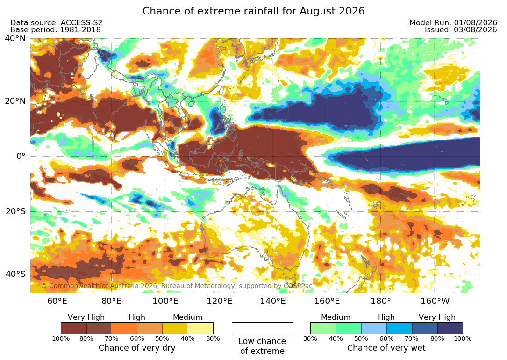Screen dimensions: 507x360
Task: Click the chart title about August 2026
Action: pyautogui.click(x=253, y=11)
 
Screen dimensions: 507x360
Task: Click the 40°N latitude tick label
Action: pyautogui.click(x=15, y=38)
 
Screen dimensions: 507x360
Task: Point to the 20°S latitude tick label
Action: pyautogui.click(x=15, y=211)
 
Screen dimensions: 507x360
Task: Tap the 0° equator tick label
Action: pyautogui.click(x=21, y=156)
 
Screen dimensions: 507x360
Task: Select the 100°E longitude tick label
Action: pyautogui.click(x=165, y=301)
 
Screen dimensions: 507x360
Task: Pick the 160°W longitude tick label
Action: pyautogui.click(x=435, y=301)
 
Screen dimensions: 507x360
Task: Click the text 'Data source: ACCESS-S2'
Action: pyautogui.click(x=56, y=22)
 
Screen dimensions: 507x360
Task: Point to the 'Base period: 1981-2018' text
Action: pyautogui.click(x=56, y=30)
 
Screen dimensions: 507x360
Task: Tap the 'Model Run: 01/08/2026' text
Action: pyautogui.click(x=453, y=22)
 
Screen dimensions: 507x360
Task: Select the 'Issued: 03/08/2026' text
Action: pyautogui.click(x=461, y=30)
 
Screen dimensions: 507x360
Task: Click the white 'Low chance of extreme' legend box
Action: pyautogui.click(x=262, y=328)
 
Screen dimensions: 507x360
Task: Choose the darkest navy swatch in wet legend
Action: pyautogui.click(x=450, y=328)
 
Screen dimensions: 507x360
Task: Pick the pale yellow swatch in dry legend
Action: pyautogui.click(x=200, y=328)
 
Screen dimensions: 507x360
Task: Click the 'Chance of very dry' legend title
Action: pyautogui.click(x=137, y=348)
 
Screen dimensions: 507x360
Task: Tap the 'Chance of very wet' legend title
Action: pyautogui.click(x=386, y=348)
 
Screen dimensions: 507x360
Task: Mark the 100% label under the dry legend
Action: pyautogui.click(x=61, y=338)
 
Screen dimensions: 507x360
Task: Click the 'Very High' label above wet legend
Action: pyautogui.click(x=437, y=317)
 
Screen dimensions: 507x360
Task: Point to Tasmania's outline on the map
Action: pyautogui.click(x=291, y=279)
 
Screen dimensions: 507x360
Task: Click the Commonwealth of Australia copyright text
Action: pyautogui.click(x=177, y=286)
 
